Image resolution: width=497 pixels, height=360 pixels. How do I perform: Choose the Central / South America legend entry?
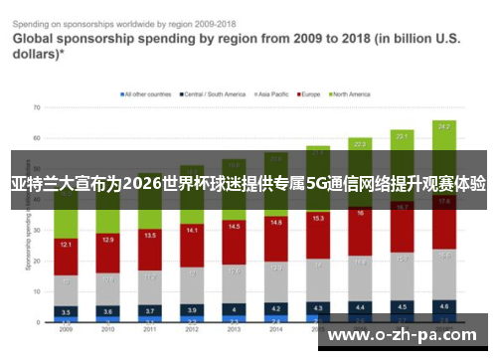pyautogui.click(x=214, y=94)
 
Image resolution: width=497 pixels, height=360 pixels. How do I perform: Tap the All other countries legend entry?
pyautogui.click(x=147, y=94)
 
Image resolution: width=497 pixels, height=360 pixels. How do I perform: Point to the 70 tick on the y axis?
pyautogui.click(x=36, y=106)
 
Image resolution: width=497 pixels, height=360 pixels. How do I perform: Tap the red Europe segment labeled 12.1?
pyautogui.click(x=65, y=245)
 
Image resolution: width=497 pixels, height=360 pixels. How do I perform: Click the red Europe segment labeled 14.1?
pyautogui.click(x=192, y=232)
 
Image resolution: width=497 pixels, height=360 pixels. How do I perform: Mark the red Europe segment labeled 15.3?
pyautogui.click(x=318, y=218)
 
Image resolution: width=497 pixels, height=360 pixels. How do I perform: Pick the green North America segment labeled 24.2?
pyautogui.click(x=444, y=128)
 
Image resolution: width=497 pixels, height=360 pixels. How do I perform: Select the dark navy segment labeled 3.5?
pyautogui.click(x=65, y=310)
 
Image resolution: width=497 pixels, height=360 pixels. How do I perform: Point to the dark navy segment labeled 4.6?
pyautogui.click(x=444, y=306)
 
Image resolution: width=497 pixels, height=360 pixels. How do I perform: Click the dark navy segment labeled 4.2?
pyautogui.click(x=276, y=308)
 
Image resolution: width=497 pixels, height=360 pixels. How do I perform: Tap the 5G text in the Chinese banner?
pyautogui.click(x=317, y=184)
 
